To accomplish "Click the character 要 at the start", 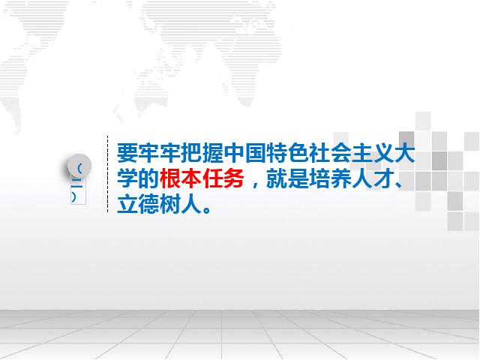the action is tap(127, 153).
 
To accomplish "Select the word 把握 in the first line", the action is tap(202, 153).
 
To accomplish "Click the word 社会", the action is tap(330, 153).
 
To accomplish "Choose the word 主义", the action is tap(373, 153).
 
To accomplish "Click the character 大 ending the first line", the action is tap(405, 153).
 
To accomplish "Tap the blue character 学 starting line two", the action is tap(127, 178).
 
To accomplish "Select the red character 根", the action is tap(170, 178).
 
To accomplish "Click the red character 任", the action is tap(213, 178).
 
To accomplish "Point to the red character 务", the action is tap(234, 178).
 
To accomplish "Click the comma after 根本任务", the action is tap(255, 184).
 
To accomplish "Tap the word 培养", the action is tap(330, 178).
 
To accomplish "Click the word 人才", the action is tap(373, 178).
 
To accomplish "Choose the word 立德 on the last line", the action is tap(138, 204).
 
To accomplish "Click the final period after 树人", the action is tap(207, 209).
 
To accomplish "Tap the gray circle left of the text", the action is tap(79, 166).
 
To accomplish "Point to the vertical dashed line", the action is tap(107, 174).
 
